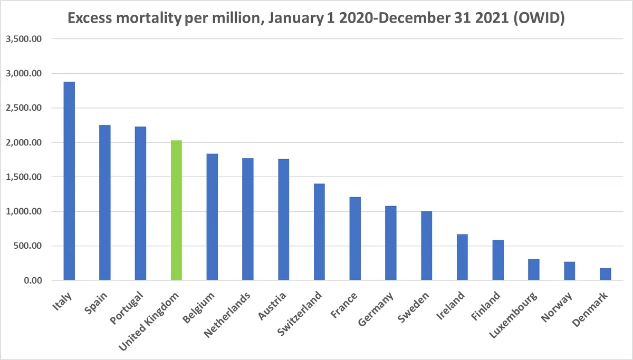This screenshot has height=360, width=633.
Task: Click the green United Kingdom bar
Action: [176, 210]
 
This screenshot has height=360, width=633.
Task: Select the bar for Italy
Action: [69, 181]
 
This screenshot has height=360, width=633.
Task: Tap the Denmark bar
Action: [606, 274]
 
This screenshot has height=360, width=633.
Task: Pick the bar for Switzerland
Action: [319, 232]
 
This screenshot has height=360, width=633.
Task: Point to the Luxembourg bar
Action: [534, 269]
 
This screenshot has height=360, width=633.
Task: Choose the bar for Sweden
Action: [426, 246]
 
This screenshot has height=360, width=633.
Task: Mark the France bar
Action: [355, 239]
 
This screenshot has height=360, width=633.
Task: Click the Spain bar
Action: [105, 202]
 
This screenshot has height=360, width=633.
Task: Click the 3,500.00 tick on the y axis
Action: [24, 39]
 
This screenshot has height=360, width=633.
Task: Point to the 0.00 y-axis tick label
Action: [33, 280]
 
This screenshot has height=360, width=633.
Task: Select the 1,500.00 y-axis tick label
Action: [24, 177]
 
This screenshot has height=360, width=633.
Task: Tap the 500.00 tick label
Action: [27, 246]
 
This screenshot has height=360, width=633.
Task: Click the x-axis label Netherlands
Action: [227, 315]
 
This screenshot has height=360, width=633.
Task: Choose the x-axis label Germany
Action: [376, 309]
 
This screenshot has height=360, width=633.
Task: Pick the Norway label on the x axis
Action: [557, 307]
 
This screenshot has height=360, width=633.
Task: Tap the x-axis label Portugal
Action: [127, 308]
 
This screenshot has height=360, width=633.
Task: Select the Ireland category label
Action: [450, 306]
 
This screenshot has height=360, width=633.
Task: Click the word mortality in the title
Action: [149, 18]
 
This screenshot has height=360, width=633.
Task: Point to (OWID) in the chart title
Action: [539, 18]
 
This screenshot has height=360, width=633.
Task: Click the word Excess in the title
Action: [90, 18]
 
